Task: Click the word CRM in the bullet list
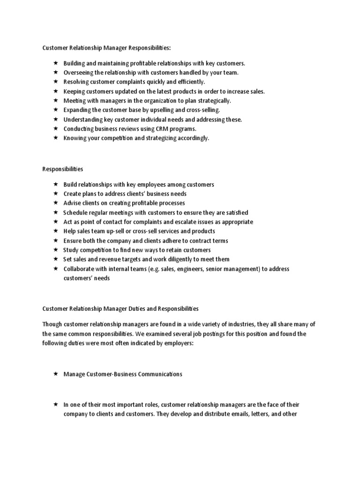coord(157,128)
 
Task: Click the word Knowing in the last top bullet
coord(75,138)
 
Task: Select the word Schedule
coord(76,212)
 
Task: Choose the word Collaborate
coord(79,269)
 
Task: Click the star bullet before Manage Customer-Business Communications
coord(55,374)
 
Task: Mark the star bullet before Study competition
coord(55,250)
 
